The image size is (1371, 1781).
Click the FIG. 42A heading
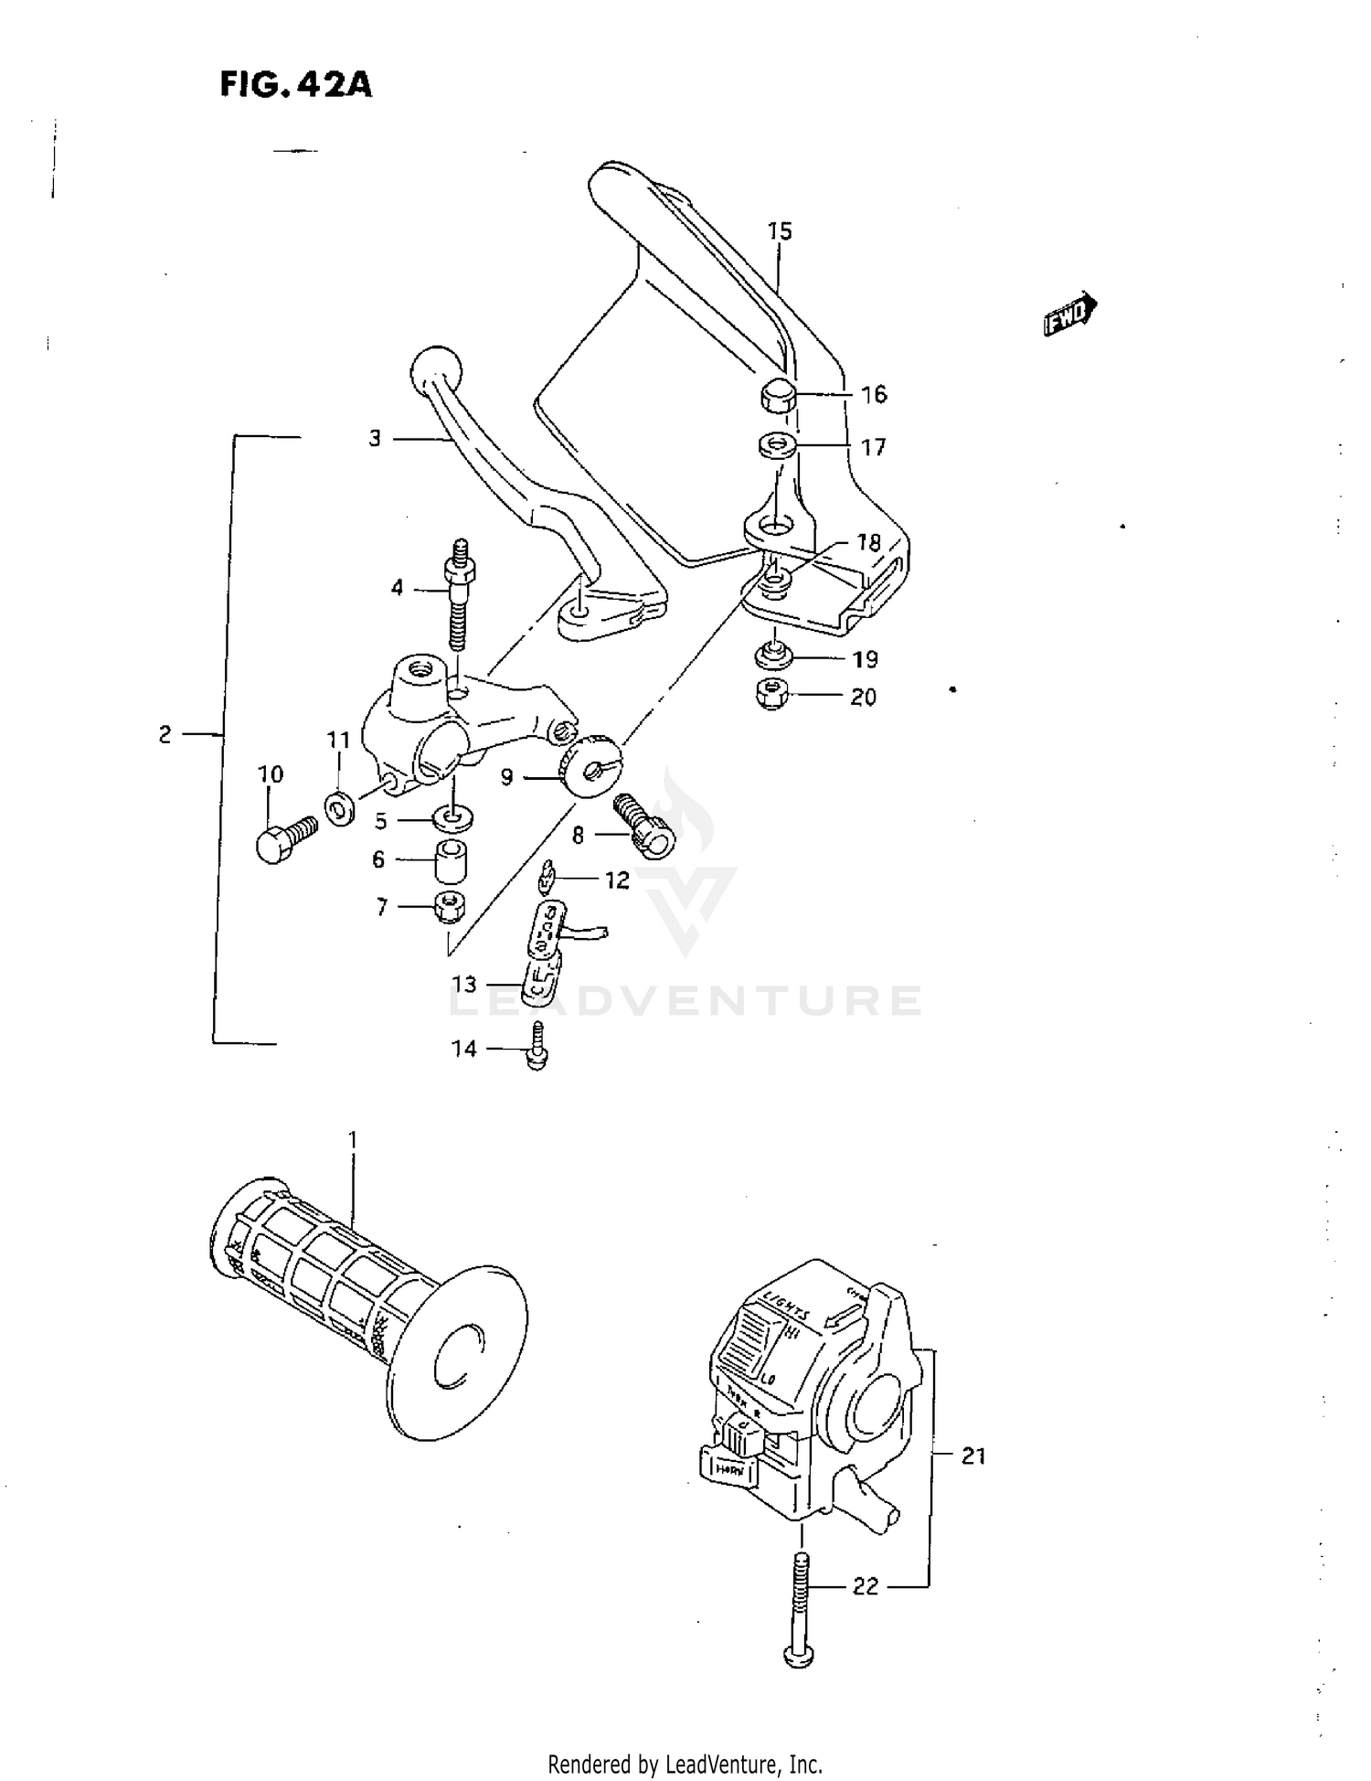(295, 84)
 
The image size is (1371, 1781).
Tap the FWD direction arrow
(1069, 315)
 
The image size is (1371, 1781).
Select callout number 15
(779, 231)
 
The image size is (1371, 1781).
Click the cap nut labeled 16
(777, 396)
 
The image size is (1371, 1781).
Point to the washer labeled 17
(776, 447)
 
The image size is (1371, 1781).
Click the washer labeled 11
(340, 808)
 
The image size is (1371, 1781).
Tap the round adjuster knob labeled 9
(590, 764)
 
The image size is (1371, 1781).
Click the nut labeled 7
(451, 907)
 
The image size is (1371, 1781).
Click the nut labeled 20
(773, 696)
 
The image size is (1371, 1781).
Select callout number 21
(973, 1456)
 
